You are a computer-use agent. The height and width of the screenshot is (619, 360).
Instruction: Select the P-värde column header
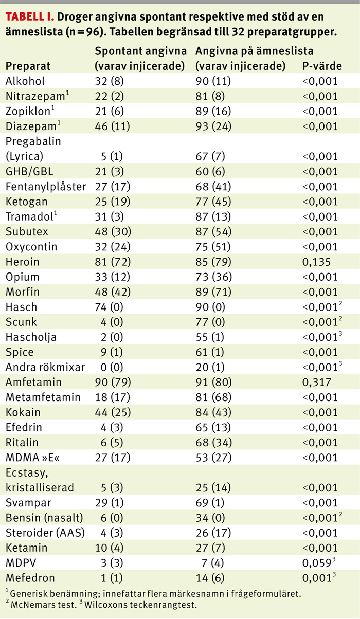(320, 66)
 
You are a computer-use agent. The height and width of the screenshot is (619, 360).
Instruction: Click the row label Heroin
(22, 262)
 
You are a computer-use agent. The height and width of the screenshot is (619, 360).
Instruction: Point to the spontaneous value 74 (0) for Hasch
(109, 307)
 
